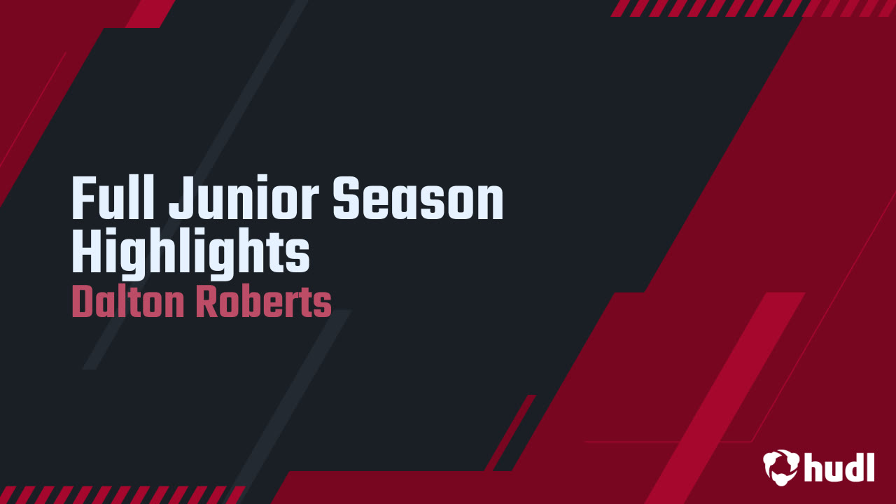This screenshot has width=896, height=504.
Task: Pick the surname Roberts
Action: click(x=263, y=303)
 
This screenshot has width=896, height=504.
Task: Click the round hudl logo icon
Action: click(x=780, y=466)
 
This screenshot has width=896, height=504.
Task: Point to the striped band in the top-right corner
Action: click(x=752, y=8)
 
